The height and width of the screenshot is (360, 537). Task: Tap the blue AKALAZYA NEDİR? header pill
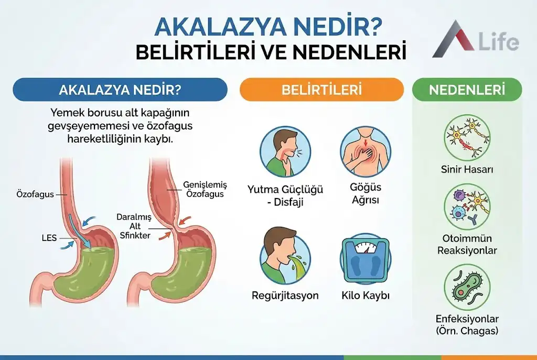120,89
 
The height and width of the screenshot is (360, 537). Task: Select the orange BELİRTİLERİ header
321,89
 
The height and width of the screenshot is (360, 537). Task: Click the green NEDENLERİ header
467,89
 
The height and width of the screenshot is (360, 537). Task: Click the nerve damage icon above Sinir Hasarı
467,137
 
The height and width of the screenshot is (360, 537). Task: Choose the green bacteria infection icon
467,287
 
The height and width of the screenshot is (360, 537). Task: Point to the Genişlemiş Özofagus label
203,189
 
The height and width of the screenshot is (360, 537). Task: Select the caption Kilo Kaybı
365,296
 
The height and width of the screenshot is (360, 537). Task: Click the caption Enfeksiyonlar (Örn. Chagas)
467,324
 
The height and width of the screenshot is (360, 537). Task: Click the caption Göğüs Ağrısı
365,193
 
